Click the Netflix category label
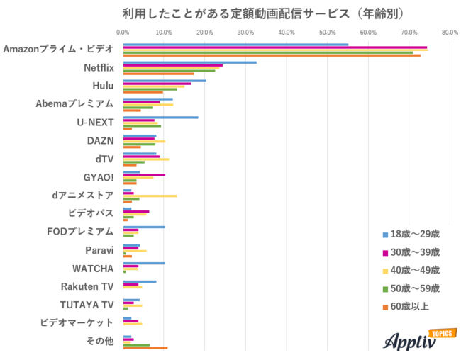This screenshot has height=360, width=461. (x=98, y=67)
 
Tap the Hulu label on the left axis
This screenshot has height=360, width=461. (x=103, y=86)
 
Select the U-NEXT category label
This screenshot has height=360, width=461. (x=95, y=122)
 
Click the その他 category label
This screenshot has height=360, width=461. (x=100, y=341)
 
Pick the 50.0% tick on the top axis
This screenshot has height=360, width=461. (x=328, y=32)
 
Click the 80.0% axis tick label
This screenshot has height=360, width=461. (x=450, y=32)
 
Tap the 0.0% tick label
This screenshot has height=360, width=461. (x=123, y=32)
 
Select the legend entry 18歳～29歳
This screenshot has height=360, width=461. (x=411, y=234)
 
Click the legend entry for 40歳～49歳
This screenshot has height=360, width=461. (x=411, y=270)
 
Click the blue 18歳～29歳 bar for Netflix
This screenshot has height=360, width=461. (x=189, y=62)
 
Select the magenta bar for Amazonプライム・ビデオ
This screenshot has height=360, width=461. (x=274, y=47)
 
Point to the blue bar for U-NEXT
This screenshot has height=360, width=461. (x=160, y=117)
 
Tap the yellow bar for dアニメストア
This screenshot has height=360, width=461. (x=150, y=196)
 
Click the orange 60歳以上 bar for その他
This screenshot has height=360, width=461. (x=145, y=348)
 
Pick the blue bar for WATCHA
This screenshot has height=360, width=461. (x=143, y=263)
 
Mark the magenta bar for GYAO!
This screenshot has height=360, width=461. (x=144, y=174)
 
